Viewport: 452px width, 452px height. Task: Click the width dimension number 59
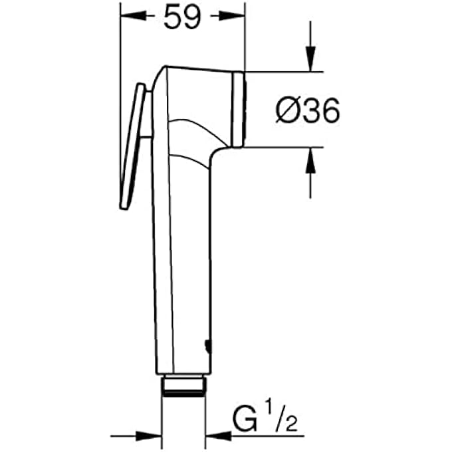tap(182, 18)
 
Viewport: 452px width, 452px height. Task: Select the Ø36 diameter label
tap(308, 110)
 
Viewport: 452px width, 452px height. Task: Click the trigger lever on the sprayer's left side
tap(134, 146)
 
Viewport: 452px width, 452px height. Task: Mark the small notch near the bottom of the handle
tap(208, 345)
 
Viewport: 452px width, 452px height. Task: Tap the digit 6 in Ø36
tap(327, 110)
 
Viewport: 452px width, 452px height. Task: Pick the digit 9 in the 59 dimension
tap(192, 18)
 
